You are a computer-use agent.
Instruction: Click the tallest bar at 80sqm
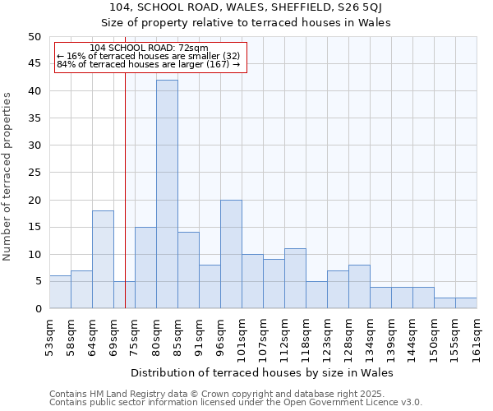coord(167,194)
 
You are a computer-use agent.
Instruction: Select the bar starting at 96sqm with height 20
coord(231,254)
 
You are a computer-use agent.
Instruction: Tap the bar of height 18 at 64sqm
coord(103,259)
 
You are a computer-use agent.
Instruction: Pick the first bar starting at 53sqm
coord(60,292)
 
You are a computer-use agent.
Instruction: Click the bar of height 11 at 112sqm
coord(295,278)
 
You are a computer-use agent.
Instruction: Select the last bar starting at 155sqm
coord(466,302)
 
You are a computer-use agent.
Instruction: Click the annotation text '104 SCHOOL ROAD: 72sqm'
coord(149,48)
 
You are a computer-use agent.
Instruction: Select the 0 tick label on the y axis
coord(37,309)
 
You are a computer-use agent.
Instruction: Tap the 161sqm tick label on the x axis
coord(477,336)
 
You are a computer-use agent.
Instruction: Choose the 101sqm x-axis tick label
coord(242,336)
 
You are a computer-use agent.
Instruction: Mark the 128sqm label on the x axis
coord(348,336)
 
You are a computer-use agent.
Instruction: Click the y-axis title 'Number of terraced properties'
coord(7,176)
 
